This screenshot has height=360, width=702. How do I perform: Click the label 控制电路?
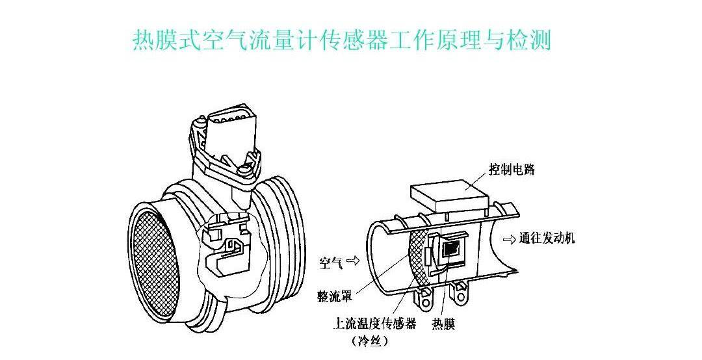(512, 170)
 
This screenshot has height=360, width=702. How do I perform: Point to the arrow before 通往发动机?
(510, 238)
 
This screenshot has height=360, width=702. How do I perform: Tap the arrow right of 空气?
(353, 262)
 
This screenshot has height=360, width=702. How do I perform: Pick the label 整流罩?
(335, 296)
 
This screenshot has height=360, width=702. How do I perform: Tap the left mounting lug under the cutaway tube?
(424, 299)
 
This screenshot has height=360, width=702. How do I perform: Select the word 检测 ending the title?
(530, 40)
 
